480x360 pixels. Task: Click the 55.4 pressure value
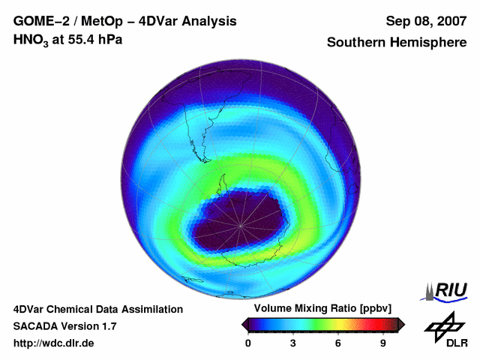point(83,40)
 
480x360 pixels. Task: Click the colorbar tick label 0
point(249,343)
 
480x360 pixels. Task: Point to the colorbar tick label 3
point(293,343)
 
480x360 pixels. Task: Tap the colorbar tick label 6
point(338,343)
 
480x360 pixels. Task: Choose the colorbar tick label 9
point(382,343)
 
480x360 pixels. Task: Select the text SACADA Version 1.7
point(64,326)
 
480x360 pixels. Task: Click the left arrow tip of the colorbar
point(243,324)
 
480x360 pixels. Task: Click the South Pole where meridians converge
point(241,224)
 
